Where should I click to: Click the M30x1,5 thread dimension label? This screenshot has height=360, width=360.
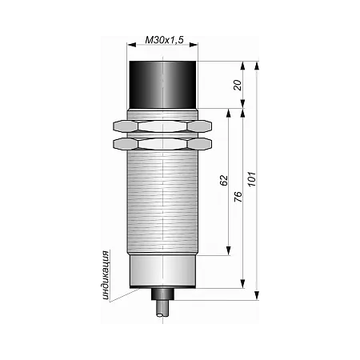(x=164, y=40)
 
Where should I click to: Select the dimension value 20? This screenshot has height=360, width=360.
(x=238, y=85)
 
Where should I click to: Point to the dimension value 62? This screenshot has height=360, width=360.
(x=224, y=180)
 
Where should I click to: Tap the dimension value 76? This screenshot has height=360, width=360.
(x=238, y=197)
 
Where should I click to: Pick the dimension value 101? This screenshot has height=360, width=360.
(x=252, y=179)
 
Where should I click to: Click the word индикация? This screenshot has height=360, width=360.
(x=106, y=275)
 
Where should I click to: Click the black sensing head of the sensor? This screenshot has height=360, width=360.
(x=163, y=85)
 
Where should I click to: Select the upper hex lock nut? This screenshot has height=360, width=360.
(x=162, y=126)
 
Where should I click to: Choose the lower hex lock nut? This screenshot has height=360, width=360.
(x=162, y=144)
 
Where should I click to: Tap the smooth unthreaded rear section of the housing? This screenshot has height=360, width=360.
(x=163, y=270)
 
